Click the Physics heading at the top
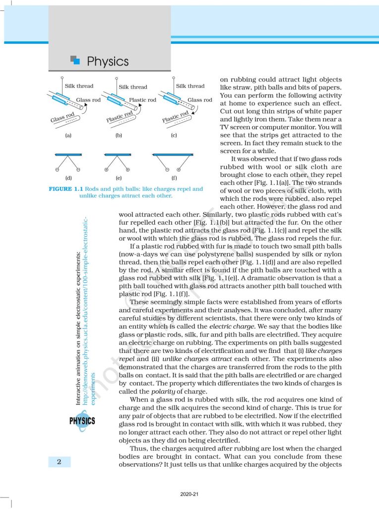[107, 62]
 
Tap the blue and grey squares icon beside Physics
[75, 60]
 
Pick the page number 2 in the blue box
[59, 462]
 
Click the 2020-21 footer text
[189, 495]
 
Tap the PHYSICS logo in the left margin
[82, 421]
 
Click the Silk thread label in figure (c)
[190, 86]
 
